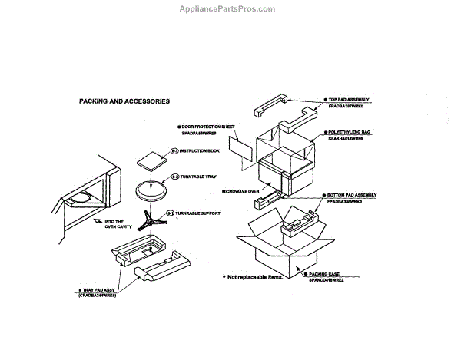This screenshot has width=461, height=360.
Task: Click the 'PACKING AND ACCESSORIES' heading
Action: (x=124, y=101)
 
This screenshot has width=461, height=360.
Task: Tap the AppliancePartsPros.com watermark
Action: (x=230, y=9)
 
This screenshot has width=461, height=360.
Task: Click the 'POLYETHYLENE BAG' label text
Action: (x=350, y=133)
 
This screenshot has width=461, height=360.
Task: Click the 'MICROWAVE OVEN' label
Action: (x=240, y=191)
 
